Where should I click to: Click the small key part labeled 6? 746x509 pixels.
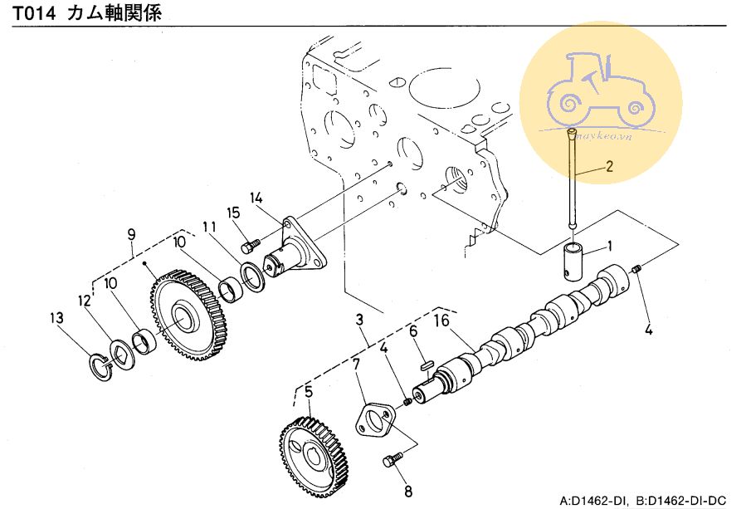click(x=426, y=361)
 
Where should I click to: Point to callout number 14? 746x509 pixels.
click(x=256, y=198)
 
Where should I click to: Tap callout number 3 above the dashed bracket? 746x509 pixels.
click(x=359, y=320)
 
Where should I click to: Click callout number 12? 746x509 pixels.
click(x=84, y=301)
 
